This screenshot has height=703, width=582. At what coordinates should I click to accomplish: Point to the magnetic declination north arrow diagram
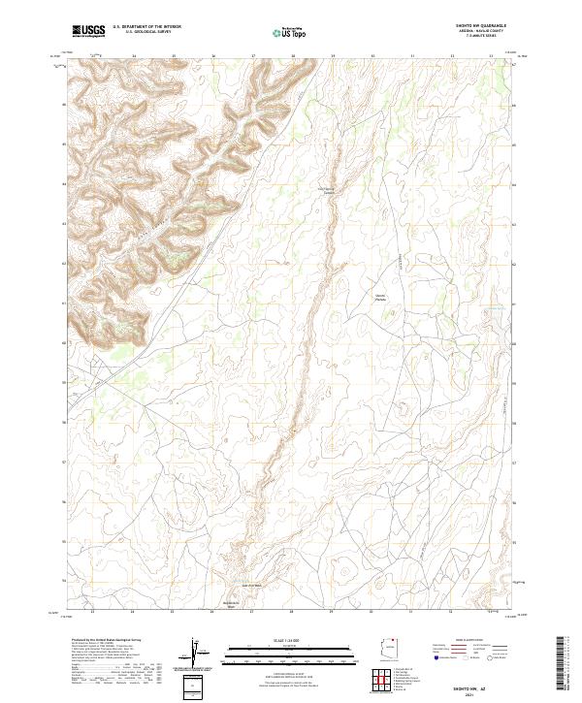click(x=198, y=654)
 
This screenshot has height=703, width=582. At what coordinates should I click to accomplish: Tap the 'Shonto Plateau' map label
click(x=380, y=298)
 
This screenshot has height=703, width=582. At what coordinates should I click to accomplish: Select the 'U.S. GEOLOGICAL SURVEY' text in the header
click(x=146, y=33)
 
